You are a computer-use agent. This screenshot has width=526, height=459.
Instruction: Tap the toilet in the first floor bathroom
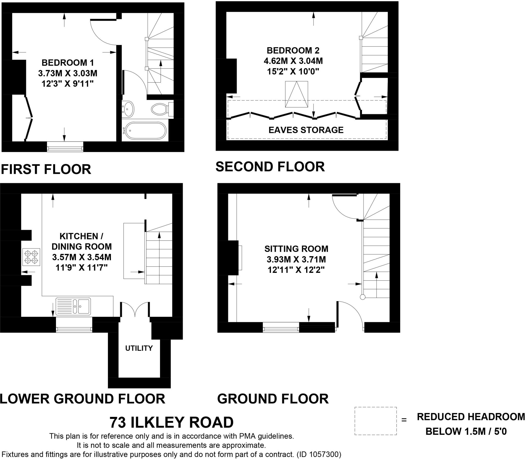[x=160, y=109]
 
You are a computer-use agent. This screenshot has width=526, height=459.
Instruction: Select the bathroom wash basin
[x=128, y=108]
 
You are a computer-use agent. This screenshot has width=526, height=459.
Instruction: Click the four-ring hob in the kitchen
[x=31, y=257]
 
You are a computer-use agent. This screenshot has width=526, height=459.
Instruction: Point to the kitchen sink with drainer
[x=73, y=306]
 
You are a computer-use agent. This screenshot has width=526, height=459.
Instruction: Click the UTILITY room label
[x=139, y=348]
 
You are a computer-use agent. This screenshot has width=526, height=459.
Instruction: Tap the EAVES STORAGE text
[x=306, y=130]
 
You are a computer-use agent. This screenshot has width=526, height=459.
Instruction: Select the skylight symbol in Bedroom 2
[x=296, y=94]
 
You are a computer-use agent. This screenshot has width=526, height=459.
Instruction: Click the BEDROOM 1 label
[x=68, y=63]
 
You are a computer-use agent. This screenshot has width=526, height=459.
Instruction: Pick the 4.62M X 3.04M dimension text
[x=293, y=61]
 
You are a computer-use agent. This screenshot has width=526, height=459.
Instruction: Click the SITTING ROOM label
[x=296, y=249]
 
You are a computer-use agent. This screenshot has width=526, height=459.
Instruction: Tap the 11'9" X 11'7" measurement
[x=81, y=268]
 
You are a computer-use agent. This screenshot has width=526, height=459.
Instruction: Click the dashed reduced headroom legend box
[x=375, y=421]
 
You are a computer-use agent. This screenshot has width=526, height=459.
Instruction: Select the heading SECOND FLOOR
[x=270, y=167]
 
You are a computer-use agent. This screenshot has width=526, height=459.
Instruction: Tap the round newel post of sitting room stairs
[x=362, y=297]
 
